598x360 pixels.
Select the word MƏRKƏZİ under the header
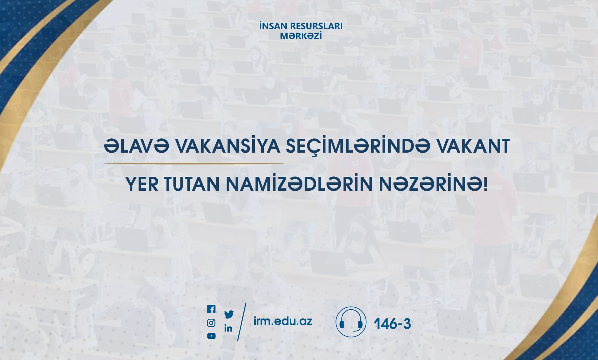[301, 36]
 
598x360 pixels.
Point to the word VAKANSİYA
[228, 146]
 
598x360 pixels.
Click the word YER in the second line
[142, 184]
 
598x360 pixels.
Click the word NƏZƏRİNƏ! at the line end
[433, 184]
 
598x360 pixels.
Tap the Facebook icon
[211, 309]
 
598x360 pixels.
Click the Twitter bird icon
[229, 314]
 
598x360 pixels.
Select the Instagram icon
[211, 323]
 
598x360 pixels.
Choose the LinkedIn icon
[228, 328]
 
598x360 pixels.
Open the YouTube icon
[211, 336]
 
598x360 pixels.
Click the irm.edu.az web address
[283, 321]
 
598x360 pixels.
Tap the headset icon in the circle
[351, 322]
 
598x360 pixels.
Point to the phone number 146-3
[392, 324]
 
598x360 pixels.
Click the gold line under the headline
[194, 163]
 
